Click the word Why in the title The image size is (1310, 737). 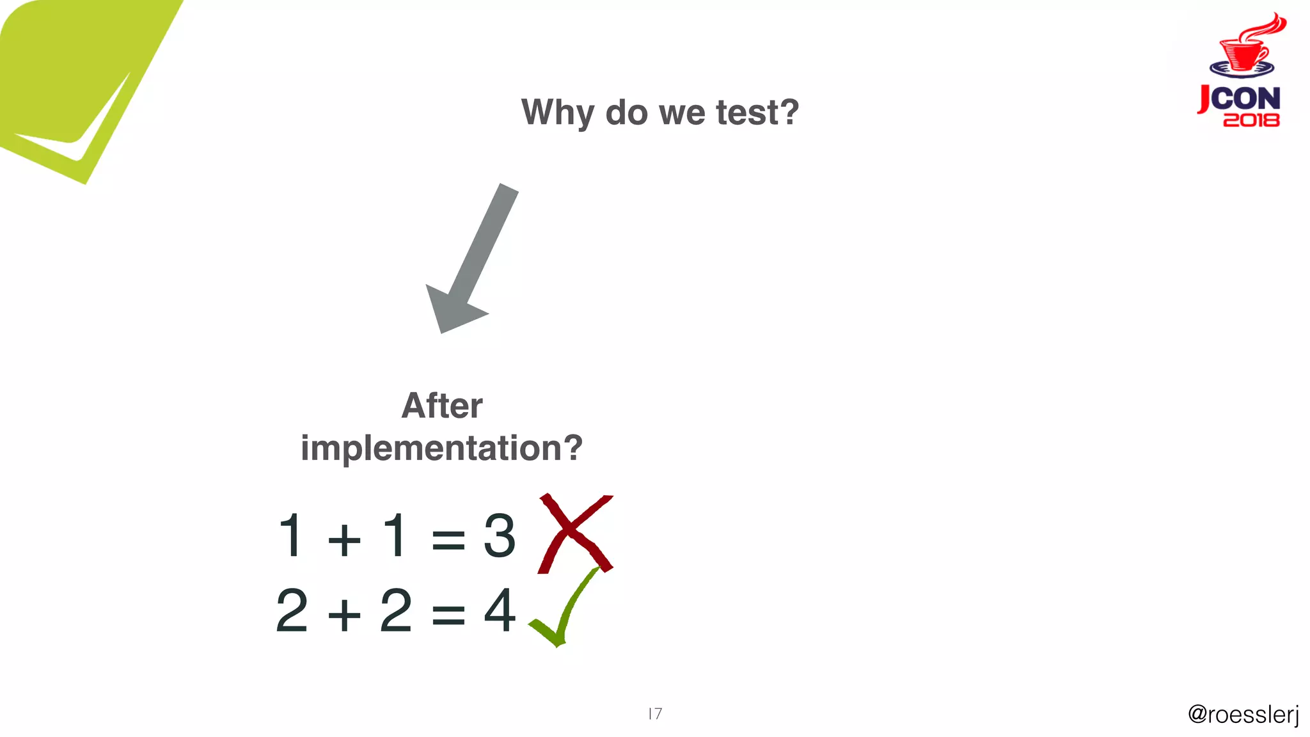557,113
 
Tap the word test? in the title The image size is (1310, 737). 757,113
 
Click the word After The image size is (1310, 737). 442,406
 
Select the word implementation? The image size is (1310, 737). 442,448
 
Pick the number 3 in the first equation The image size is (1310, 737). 499,535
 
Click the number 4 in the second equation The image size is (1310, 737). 500,611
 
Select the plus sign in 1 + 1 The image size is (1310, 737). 344,539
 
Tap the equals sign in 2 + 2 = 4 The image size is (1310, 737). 448,615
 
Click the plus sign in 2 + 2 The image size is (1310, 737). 344,615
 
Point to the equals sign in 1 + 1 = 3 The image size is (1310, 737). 448,539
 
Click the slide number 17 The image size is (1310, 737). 655,713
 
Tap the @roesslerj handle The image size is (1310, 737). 1243,714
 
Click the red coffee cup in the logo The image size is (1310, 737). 1243,51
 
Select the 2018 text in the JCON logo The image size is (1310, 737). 1251,120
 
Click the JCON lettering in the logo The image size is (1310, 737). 1240,99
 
